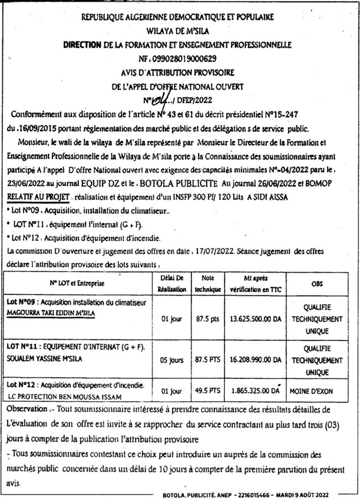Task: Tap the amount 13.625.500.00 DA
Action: point(256,318)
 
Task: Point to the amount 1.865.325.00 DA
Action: point(255,392)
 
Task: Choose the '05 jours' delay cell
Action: point(172,359)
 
